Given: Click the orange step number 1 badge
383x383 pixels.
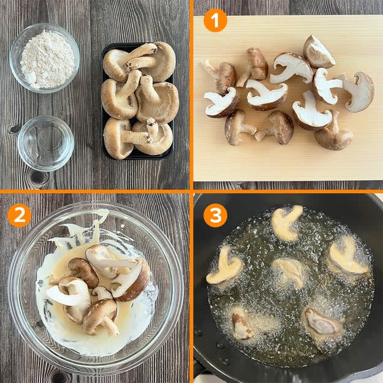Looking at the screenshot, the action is [215, 20].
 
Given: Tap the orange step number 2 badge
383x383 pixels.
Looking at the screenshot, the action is [19, 216].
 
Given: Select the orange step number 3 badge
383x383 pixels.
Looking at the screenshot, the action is [215, 216].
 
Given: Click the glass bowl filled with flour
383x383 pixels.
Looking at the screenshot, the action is [45, 58].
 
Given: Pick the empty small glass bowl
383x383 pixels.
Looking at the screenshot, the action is [46, 143].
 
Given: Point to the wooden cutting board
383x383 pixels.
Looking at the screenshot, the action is [288, 97].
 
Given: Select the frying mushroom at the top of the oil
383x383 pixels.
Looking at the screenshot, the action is [286, 224].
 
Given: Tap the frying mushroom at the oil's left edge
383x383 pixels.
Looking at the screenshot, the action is [224, 267].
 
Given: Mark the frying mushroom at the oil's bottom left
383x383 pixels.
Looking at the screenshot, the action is [241, 324].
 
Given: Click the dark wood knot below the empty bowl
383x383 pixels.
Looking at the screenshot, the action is [38, 177].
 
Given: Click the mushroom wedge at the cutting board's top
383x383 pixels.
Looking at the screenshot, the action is [318, 52].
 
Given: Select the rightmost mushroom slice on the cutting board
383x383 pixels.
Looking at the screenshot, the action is [357, 91].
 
